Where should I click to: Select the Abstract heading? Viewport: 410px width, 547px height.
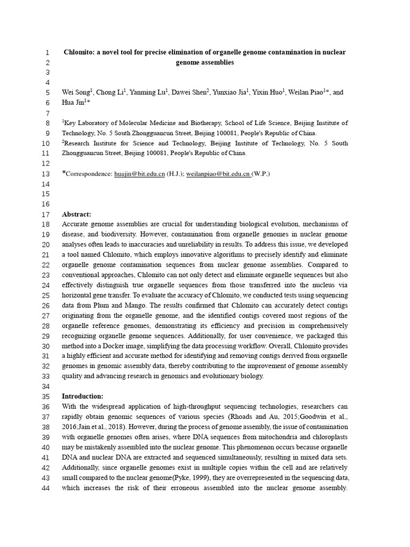[76, 214]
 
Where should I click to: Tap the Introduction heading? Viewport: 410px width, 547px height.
[83, 396]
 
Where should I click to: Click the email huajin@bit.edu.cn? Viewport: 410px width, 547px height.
[139, 174]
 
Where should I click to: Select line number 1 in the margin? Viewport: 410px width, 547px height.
[47, 52]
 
